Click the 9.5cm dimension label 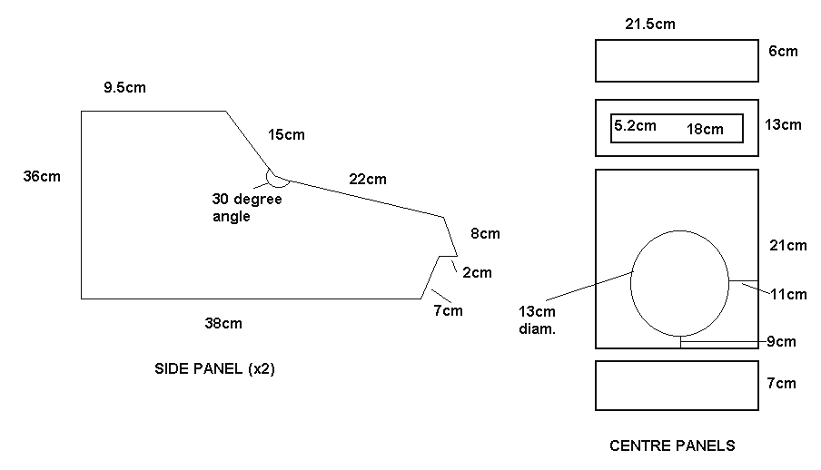(124, 87)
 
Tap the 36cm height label (42, 176)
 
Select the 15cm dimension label (286, 134)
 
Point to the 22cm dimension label (368, 179)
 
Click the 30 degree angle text (247, 207)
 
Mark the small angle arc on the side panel (277, 179)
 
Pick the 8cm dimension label (485, 233)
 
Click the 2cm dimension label (477, 273)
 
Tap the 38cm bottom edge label (223, 323)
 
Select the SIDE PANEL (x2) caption (214, 369)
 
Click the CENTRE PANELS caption (672, 446)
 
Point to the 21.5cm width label (650, 24)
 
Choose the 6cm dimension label (783, 52)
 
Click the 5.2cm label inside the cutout (635, 125)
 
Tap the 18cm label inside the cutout (706, 129)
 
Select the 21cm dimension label (788, 246)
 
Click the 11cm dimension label (788, 295)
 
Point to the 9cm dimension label (781, 342)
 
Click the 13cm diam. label (538, 320)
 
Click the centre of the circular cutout (679, 283)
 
